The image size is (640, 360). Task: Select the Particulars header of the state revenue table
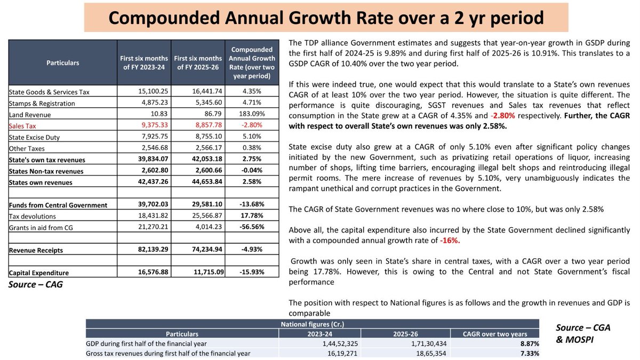62,62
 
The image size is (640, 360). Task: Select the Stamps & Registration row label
42,103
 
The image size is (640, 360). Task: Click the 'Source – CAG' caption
36,285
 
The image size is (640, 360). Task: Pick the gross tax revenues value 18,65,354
428,353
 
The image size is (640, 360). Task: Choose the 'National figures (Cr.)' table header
315,324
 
